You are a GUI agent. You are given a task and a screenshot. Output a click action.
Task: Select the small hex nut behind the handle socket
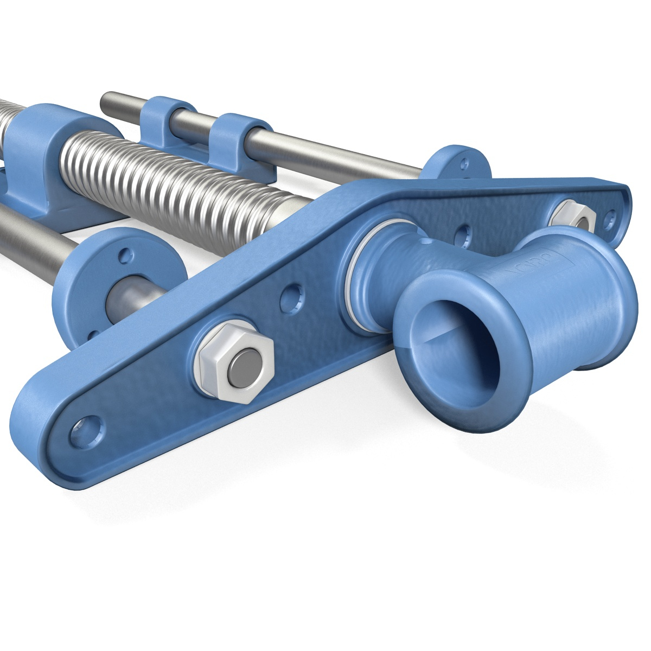[573, 217]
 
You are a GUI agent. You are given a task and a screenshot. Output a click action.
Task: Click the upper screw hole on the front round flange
[126, 253]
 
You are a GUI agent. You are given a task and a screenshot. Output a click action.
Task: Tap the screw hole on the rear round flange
[464, 162]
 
